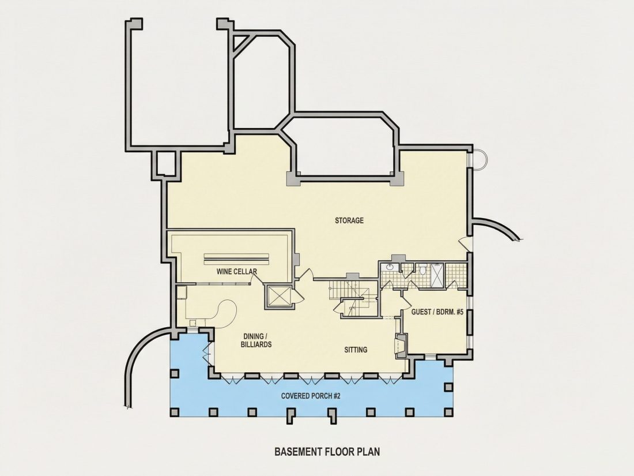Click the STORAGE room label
349,220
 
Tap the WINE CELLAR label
236,271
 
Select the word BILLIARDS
256,344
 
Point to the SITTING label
356,350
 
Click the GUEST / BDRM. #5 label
437,312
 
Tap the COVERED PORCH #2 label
311,396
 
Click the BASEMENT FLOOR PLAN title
327,451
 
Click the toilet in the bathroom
422,269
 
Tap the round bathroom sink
390,267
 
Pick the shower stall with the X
437,275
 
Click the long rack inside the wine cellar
236,256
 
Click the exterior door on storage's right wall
465,245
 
